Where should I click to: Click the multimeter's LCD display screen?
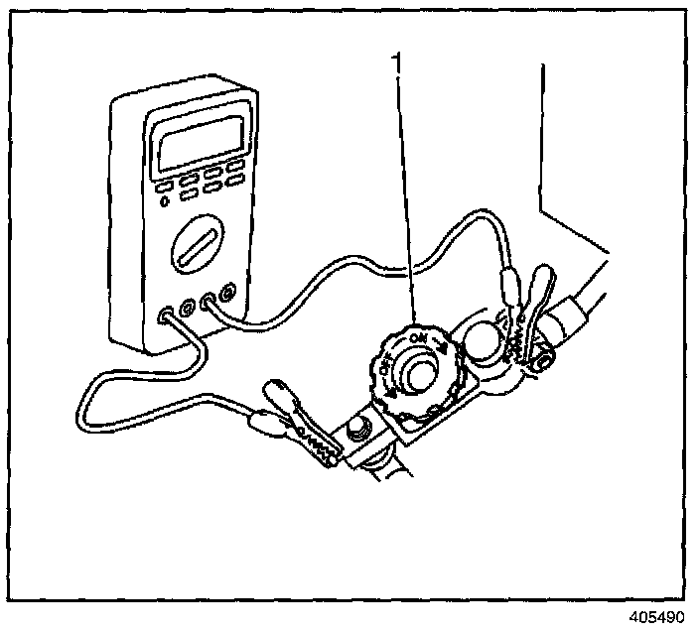pyautogui.click(x=200, y=140)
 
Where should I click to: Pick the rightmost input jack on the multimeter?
pyautogui.click(x=228, y=294)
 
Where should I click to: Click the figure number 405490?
pyautogui.click(x=657, y=616)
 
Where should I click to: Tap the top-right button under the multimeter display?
pyautogui.click(x=235, y=164)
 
